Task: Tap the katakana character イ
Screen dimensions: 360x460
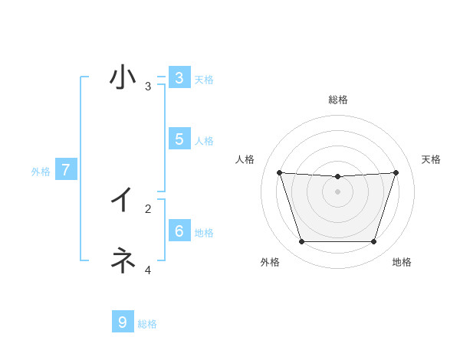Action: coord(122,201)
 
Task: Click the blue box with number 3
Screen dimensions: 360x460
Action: coord(179,78)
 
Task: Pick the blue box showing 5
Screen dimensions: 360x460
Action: coord(179,139)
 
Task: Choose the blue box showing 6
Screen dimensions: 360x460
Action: coord(179,231)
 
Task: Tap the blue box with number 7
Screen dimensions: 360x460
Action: coord(66,170)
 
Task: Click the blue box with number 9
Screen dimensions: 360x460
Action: coord(122,322)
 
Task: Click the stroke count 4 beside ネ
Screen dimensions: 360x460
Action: coord(148,270)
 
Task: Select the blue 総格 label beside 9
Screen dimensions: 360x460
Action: coord(147,324)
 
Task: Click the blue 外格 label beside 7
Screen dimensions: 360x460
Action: coord(41,172)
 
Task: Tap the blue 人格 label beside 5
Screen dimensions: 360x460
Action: coord(204,141)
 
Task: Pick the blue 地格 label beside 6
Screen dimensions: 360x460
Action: coord(204,233)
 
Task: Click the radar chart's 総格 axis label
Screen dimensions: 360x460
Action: coord(337,100)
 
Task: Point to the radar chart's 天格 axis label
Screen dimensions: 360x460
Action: coord(431,159)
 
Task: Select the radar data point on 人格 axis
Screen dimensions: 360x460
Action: coord(279,172)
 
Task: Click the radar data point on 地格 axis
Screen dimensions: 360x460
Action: coord(373,241)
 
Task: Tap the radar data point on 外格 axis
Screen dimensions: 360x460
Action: coord(301,241)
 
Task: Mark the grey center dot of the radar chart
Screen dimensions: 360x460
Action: coord(337,191)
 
